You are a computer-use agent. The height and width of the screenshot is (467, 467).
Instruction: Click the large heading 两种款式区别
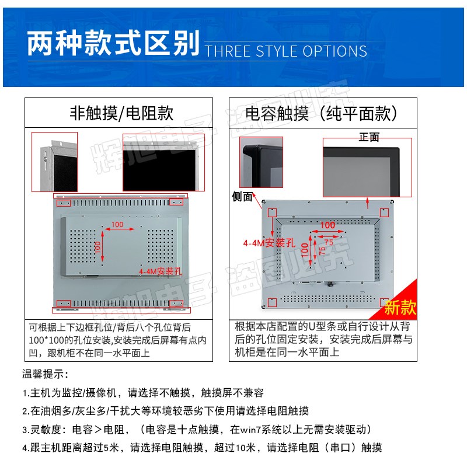113,43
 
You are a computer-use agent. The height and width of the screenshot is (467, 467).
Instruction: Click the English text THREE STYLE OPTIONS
286,51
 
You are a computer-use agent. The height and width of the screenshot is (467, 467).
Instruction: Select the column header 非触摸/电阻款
121,113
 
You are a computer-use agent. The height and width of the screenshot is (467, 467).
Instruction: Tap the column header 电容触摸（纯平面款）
321,113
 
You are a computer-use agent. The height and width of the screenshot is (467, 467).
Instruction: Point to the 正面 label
369,137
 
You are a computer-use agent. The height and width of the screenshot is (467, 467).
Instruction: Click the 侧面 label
242,197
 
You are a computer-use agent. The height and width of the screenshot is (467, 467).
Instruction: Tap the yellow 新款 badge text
400,307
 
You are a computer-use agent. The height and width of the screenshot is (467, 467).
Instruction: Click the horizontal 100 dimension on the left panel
117,225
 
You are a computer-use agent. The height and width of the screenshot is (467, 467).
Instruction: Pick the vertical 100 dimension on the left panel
97,247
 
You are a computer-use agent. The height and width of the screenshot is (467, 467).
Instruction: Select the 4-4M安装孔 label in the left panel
161,271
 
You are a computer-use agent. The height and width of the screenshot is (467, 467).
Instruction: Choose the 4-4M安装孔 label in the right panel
269,243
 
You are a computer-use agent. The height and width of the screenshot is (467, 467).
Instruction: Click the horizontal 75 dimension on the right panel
329,242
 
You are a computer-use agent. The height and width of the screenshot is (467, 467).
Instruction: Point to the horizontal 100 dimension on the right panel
327,225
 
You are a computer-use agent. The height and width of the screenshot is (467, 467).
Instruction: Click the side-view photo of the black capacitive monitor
261,162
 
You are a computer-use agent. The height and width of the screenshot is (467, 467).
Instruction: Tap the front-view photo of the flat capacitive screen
367,168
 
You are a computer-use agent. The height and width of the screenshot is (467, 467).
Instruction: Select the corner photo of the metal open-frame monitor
54,162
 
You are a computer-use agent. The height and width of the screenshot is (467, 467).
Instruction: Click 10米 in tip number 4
246,447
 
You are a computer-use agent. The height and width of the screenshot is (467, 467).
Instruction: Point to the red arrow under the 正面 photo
368,203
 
